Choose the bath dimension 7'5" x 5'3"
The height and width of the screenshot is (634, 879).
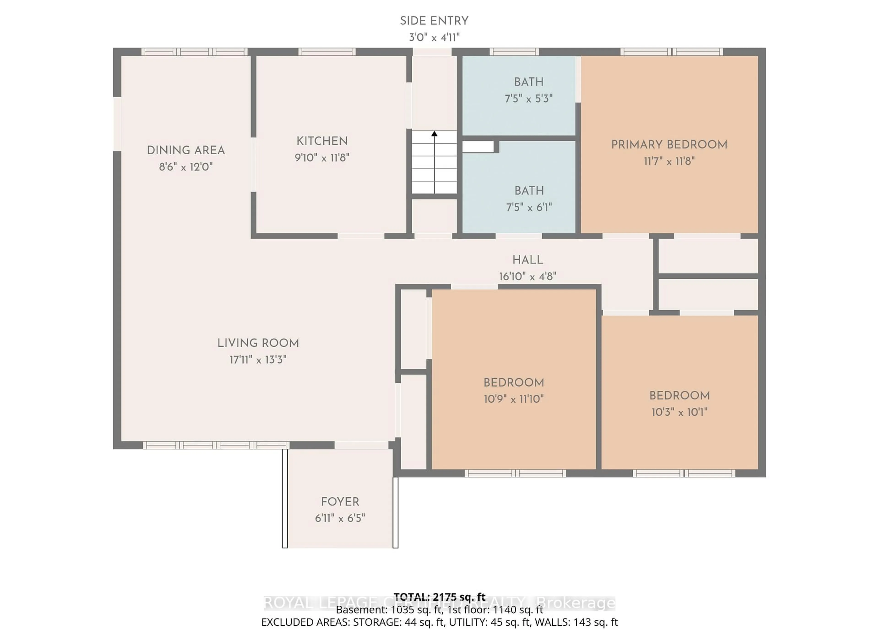pos(528,99)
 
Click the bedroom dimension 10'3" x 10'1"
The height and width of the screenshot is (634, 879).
pos(679,412)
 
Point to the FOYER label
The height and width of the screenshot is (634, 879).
pos(340,502)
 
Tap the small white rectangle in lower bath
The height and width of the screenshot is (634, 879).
pos(478,147)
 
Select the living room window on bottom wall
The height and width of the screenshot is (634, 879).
pos(216,445)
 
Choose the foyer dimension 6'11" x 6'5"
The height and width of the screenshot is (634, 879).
pos(340,518)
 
